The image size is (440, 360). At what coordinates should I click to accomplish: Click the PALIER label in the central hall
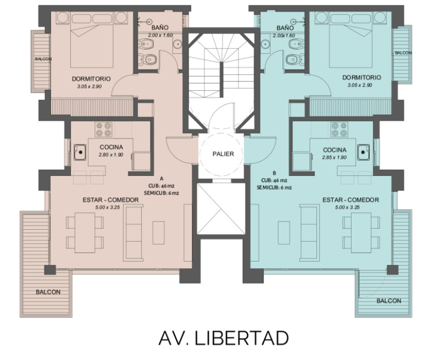[x=223, y=154]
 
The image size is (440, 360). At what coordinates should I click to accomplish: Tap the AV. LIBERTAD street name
[x=224, y=338]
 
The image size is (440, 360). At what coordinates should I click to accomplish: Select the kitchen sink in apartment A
[x=80, y=152]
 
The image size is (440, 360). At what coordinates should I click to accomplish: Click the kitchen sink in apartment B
[x=364, y=152]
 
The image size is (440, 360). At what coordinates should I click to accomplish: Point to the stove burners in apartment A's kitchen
[x=104, y=130]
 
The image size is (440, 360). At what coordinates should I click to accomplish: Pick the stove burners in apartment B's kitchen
[x=339, y=130]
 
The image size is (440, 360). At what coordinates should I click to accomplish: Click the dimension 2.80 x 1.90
[x=111, y=155]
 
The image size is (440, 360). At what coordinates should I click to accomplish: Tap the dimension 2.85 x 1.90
[x=334, y=158]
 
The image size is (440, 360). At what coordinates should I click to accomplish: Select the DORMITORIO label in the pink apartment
[x=91, y=79]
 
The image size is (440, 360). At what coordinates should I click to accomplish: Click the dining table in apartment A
[x=85, y=233]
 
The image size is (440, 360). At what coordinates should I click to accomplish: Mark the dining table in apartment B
[x=361, y=233]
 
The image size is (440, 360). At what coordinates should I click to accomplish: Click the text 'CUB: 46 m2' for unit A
[x=161, y=186]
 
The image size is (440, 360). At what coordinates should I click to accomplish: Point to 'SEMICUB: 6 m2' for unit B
[x=274, y=188]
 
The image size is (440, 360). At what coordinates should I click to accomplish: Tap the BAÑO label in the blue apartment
[x=285, y=28]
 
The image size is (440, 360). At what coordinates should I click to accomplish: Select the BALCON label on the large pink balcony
[x=48, y=292]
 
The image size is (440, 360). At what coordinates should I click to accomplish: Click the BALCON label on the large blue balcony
[x=389, y=301]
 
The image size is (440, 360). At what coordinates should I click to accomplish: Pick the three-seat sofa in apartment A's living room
[x=133, y=233]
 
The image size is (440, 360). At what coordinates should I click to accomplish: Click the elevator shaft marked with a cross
[x=221, y=209]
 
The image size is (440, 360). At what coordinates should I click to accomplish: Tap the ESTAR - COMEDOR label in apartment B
[x=351, y=200]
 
